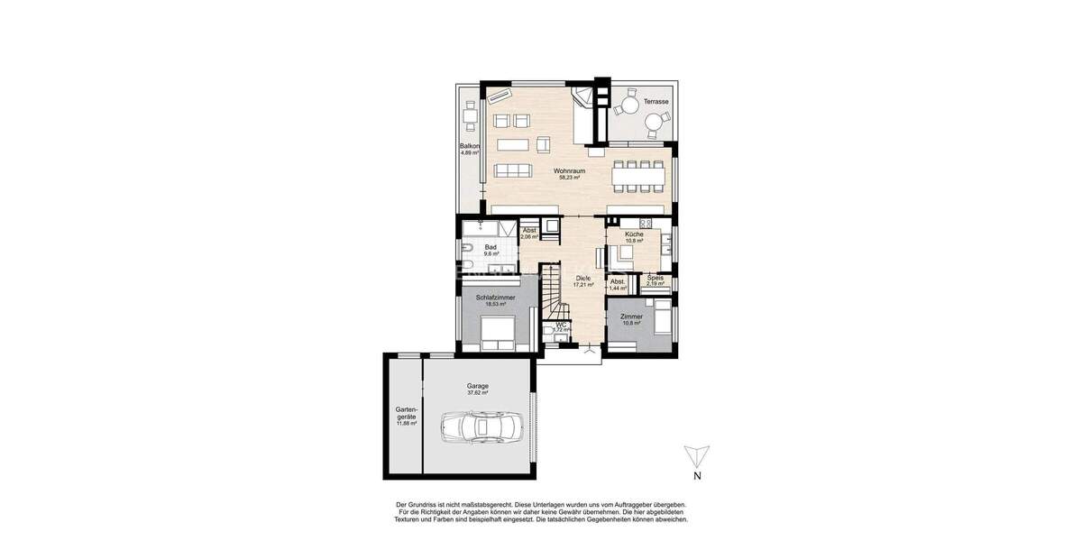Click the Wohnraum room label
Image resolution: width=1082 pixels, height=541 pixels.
click(x=570, y=170)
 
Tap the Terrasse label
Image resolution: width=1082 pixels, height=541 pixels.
click(x=656, y=102)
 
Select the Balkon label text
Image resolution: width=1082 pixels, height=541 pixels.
click(x=469, y=146)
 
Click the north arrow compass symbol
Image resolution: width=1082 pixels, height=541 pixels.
click(x=696, y=456)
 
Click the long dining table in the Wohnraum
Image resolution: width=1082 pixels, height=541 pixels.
click(x=641, y=176)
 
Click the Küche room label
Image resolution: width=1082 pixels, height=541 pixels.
click(x=634, y=234)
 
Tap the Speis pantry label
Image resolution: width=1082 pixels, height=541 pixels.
click(x=655, y=278)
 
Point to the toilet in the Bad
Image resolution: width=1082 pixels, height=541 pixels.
click(x=468, y=250)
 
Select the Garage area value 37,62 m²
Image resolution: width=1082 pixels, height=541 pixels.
click(x=478, y=393)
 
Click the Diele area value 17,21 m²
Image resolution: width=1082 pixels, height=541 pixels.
click(x=583, y=284)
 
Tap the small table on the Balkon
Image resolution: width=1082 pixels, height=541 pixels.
click(x=470, y=115)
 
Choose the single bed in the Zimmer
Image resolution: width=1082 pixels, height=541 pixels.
click(x=660, y=317)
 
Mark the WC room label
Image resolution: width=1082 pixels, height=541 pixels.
click(x=560, y=325)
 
